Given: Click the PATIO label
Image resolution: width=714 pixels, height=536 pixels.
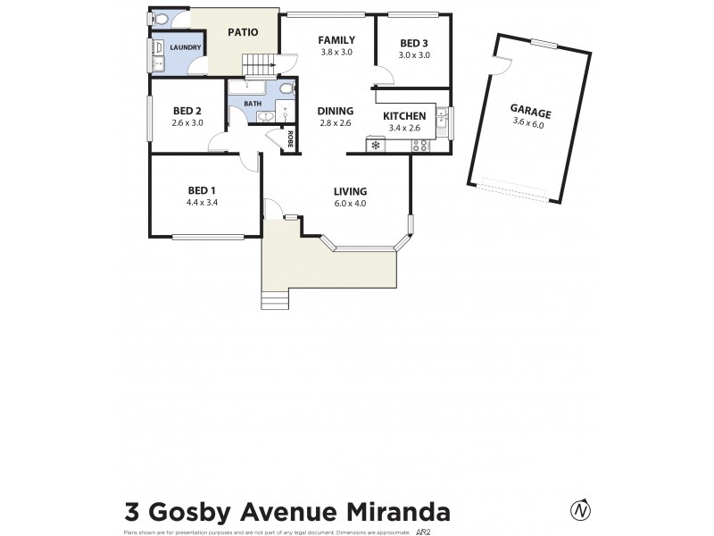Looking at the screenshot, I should coord(243,32).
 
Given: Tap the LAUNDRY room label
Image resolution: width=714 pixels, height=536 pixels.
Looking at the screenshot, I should coord(186,47).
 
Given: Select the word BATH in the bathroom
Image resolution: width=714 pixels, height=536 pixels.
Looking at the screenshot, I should coord(253,104).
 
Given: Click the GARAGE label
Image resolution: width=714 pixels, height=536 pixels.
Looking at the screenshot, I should coord(531,113).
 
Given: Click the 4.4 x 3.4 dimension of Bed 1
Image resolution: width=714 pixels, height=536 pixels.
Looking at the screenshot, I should coord(202,203).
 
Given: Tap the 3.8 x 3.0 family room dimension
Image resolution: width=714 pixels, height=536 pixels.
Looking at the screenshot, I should coord(337,52).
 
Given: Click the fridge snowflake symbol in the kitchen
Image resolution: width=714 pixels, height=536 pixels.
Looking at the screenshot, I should coord(376,145).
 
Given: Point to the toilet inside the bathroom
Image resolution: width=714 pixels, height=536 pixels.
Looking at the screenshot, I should coord(286,88).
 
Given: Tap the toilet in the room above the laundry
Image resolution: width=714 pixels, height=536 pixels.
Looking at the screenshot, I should coord(161,20).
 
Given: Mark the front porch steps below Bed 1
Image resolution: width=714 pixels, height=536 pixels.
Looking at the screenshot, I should coord(275,301).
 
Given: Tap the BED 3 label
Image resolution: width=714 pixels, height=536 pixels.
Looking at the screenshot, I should coord(414,42).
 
